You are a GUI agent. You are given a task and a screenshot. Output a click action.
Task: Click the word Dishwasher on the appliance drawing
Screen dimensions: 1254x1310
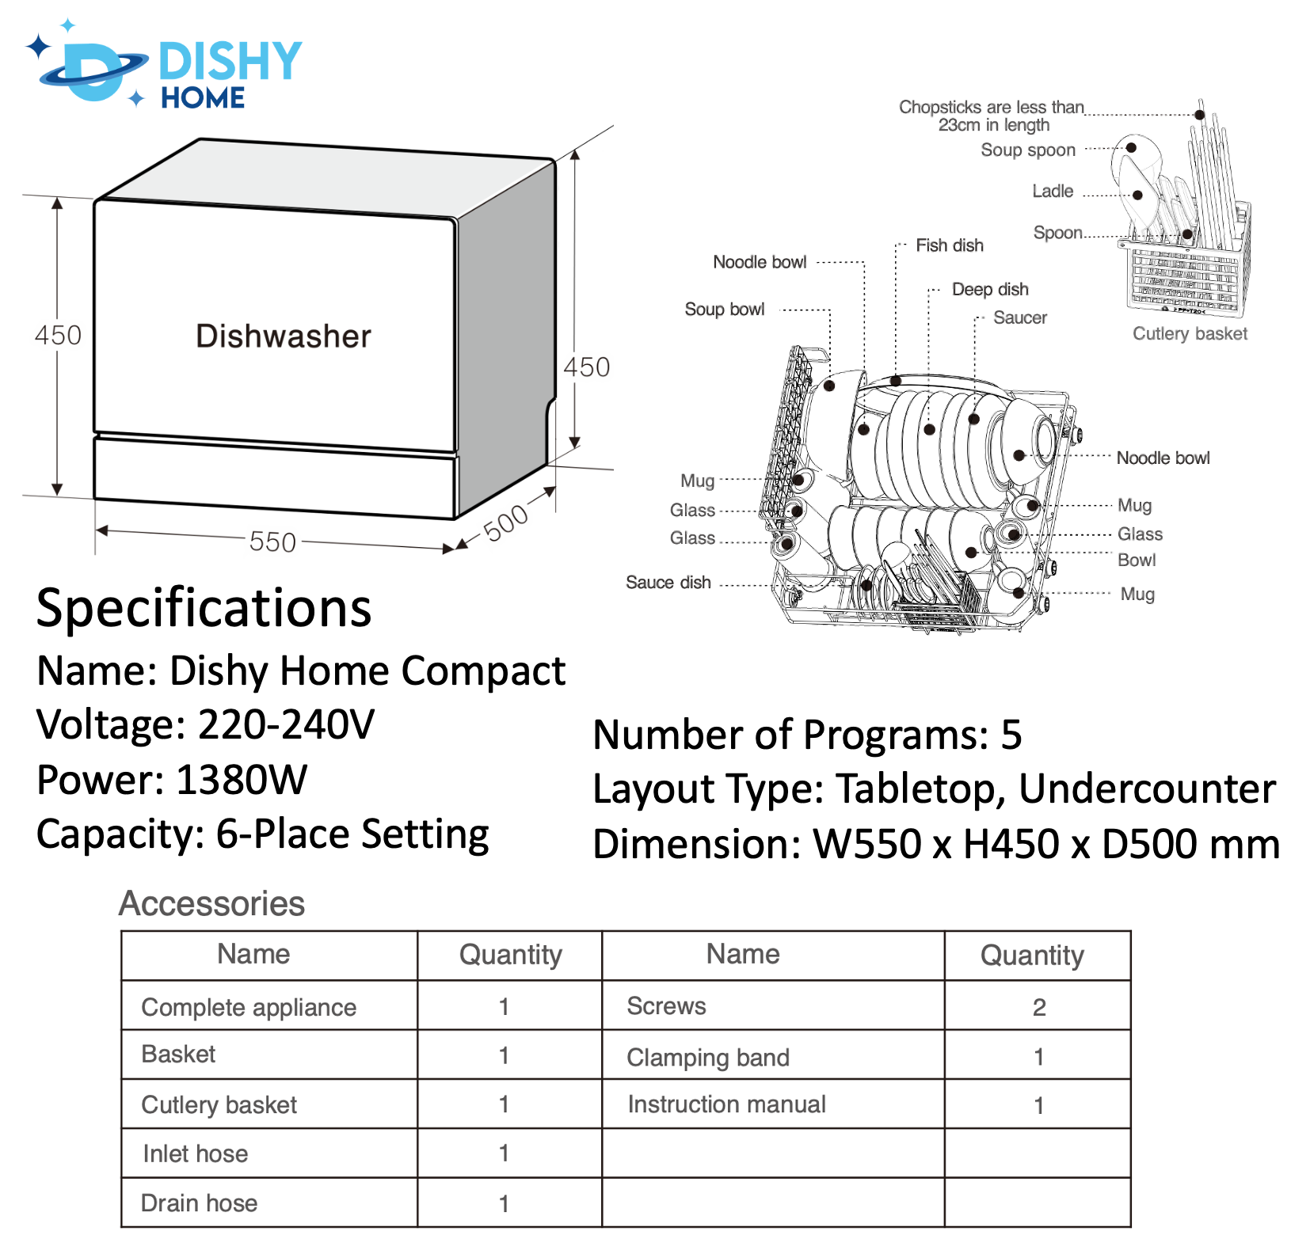(x=283, y=336)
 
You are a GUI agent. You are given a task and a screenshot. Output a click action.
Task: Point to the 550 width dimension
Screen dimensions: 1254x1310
(x=272, y=542)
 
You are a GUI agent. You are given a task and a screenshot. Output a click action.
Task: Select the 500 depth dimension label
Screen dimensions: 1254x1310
(x=505, y=523)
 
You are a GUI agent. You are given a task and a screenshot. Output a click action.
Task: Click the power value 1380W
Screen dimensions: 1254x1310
(x=242, y=780)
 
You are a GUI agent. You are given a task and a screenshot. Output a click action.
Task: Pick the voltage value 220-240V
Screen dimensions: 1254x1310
(x=286, y=724)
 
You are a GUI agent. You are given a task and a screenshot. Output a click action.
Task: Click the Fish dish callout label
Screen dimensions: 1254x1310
(x=949, y=245)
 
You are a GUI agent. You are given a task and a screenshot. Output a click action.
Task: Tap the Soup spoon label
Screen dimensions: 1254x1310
(x=1027, y=150)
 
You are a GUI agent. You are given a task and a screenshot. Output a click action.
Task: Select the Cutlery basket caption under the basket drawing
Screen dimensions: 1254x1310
(x=1189, y=333)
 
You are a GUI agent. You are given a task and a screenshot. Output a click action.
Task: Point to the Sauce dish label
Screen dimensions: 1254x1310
(x=668, y=583)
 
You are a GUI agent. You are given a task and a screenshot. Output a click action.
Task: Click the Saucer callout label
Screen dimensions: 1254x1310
(x=1019, y=317)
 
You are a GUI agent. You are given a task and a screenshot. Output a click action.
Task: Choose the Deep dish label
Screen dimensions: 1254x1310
(x=990, y=289)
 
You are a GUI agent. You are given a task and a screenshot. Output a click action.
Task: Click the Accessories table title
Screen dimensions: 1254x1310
(x=211, y=903)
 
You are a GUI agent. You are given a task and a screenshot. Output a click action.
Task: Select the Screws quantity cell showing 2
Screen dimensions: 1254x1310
(x=1038, y=1007)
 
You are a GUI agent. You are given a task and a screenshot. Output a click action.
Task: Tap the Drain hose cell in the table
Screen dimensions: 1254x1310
(x=199, y=1203)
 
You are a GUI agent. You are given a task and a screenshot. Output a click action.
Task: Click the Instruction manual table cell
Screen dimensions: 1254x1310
(x=726, y=1104)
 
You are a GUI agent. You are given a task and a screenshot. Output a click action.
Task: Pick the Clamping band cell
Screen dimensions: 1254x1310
(x=707, y=1057)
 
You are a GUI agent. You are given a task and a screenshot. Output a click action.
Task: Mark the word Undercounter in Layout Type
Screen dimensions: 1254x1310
(x=1147, y=788)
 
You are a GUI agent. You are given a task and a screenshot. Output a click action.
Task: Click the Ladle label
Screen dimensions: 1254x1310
(x=1052, y=191)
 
